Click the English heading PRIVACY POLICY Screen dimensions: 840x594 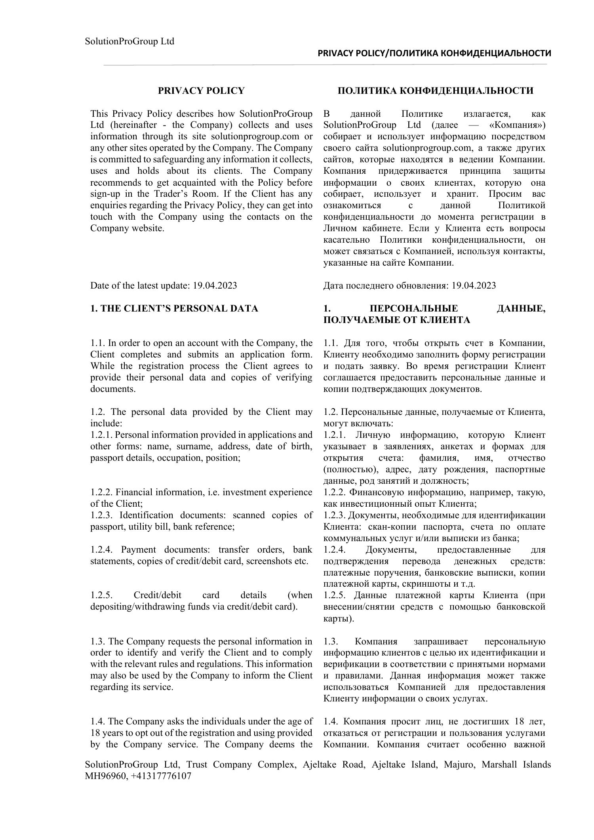201,91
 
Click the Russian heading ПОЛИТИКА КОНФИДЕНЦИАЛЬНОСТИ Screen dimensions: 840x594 435,91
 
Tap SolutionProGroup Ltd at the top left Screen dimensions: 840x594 129,42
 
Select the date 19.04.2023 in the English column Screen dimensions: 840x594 215,285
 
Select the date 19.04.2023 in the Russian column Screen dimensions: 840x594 473,285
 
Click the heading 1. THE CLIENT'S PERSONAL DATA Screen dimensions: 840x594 174,308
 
